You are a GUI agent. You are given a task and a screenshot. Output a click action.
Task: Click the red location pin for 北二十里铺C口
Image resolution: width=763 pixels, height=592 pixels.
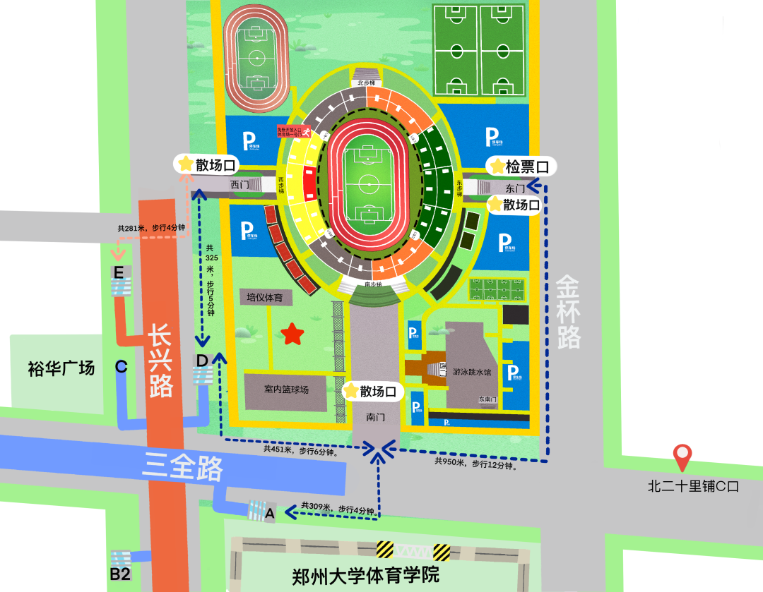(x=682, y=457)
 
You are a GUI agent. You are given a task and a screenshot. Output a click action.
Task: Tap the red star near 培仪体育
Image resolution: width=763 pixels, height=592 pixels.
(x=291, y=334)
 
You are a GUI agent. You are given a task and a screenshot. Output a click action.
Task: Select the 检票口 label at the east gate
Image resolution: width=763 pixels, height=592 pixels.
(x=521, y=167)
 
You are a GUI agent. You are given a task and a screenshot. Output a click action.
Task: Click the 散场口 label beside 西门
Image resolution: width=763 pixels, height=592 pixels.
(x=208, y=165)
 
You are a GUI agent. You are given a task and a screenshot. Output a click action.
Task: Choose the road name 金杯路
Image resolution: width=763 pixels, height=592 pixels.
(x=568, y=311)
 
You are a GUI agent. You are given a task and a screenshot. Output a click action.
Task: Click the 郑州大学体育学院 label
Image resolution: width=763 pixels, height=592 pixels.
(x=365, y=574)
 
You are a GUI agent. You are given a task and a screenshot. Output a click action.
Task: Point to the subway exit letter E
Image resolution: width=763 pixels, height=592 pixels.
(x=118, y=272)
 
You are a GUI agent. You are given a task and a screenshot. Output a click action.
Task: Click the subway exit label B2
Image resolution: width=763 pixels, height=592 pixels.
(x=119, y=574)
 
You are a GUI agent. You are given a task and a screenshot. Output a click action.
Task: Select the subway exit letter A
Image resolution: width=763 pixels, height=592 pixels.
(x=269, y=514)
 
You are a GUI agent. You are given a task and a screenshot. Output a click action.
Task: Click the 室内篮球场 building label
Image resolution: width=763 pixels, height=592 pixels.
(x=286, y=389)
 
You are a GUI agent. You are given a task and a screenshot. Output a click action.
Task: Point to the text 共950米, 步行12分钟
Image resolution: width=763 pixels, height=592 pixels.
(x=476, y=464)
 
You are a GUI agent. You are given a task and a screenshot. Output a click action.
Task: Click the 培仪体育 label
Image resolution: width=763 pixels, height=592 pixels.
(x=265, y=298)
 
